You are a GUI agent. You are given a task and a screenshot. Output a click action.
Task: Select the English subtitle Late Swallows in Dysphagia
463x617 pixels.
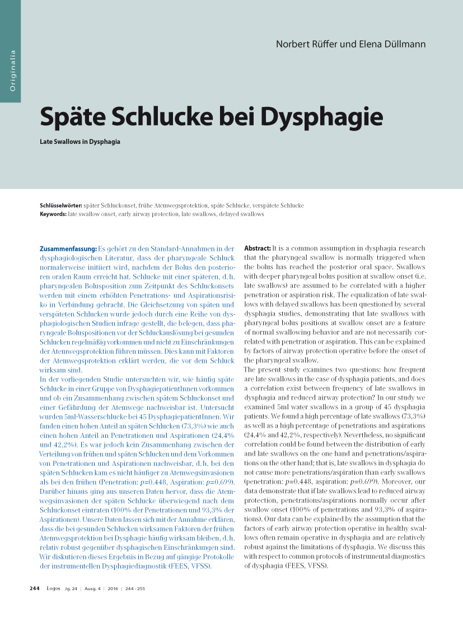tap(80, 142)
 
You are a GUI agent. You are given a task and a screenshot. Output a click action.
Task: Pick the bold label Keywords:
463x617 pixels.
tap(53, 214)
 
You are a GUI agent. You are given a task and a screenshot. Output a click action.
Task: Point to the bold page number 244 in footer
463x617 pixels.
tap(34, 588)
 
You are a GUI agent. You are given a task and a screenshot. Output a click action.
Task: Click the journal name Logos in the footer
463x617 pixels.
tap(53, 588)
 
